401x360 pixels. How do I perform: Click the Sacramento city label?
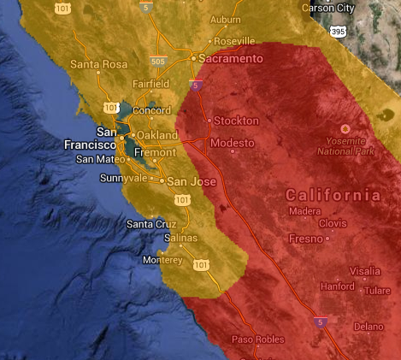pos(231,58)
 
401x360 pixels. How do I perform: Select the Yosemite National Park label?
pos(346,146)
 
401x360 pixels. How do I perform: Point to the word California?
pos(333,195)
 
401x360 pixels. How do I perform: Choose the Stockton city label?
pos(236,121)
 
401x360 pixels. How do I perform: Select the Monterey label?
pos(163,260)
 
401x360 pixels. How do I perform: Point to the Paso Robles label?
pos(258,339)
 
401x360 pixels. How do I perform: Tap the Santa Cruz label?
pos(151,224)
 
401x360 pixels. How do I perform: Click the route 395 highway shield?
pos(339,31)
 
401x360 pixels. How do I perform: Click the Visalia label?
pos(364,270)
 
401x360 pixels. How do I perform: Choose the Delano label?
pos(369,327)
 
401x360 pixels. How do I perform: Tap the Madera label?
pos(304,211)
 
